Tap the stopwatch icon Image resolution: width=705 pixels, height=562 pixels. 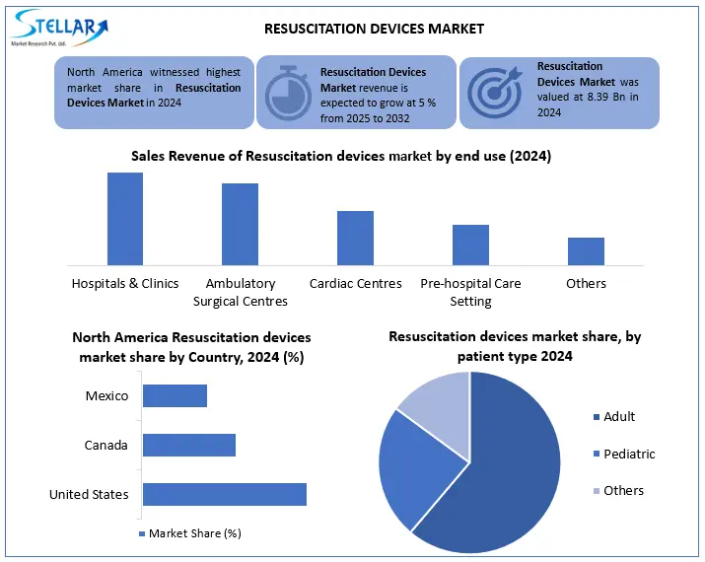[x=286, y=92]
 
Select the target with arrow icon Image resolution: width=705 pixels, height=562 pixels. [x=494, y=92]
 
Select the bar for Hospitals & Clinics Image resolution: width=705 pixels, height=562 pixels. [x=125, y=218]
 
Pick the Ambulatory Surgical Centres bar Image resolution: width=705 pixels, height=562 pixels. [x=240, y=224]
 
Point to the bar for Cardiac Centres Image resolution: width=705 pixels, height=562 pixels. [x=355, y=238]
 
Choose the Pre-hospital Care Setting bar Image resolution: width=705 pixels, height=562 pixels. [x=470, y=245]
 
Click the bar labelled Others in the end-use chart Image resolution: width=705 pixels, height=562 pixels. [x=586, y=250]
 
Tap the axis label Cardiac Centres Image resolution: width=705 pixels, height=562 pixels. [x=355, y=284]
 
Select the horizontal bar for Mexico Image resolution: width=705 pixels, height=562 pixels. [x=175, y=395]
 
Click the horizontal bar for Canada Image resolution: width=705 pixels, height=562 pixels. [x=189, y=445]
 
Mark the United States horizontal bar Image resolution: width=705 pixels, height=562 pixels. [x=225, y=494]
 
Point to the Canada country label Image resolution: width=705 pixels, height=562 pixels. [x=106, y=446]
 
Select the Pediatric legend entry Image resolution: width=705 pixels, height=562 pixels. [x=628, y=455]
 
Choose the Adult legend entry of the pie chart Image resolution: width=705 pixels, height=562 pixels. [x=618, y=417]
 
